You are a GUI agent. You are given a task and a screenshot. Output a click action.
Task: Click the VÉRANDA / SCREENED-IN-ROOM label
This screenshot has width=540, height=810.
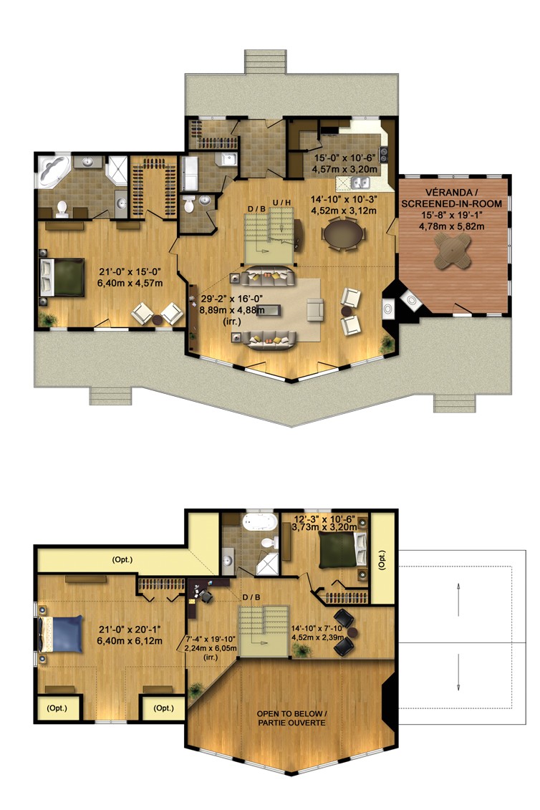point(453,198)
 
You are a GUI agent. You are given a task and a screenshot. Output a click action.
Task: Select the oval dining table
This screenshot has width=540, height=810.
point(343,234)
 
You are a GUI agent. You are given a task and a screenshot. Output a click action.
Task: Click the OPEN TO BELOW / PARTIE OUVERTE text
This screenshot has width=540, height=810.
point(291,718)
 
